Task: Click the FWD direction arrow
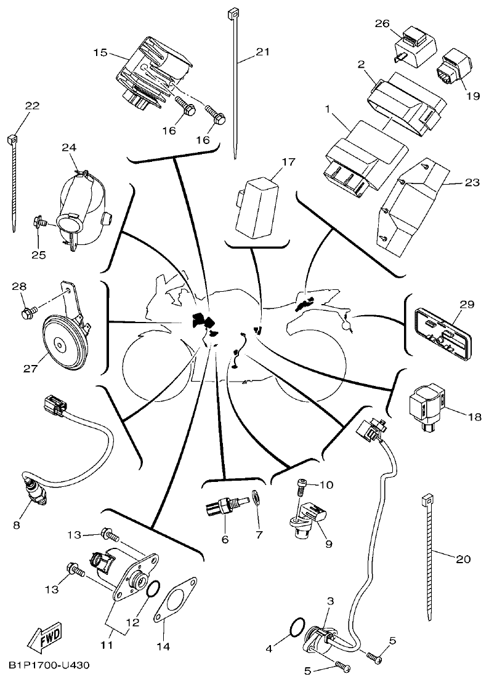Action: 40,641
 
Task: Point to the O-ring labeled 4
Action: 296,628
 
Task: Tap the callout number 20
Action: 463,559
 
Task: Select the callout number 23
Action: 471,182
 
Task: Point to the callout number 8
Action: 17,525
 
